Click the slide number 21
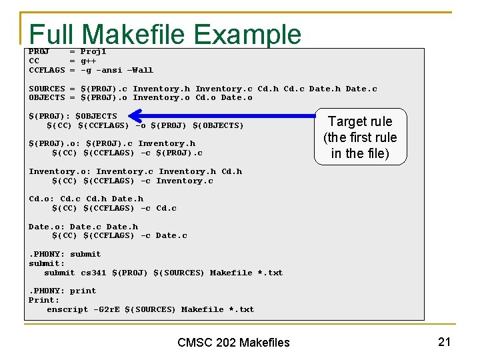coord(444,341)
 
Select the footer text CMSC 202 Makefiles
coord(233,342)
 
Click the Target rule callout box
coord(360,137)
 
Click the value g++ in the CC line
coord(89,61)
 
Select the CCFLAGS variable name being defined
coord(47,70)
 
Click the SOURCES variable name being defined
coord(47,89)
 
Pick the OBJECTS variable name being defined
coord(47,97)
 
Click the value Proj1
coord(93,51)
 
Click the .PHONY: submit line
coord(65,254)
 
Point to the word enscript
coord(67,309)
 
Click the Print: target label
coord(44,300)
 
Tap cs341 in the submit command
coord(93,273)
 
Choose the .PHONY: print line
coord(62,291)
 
